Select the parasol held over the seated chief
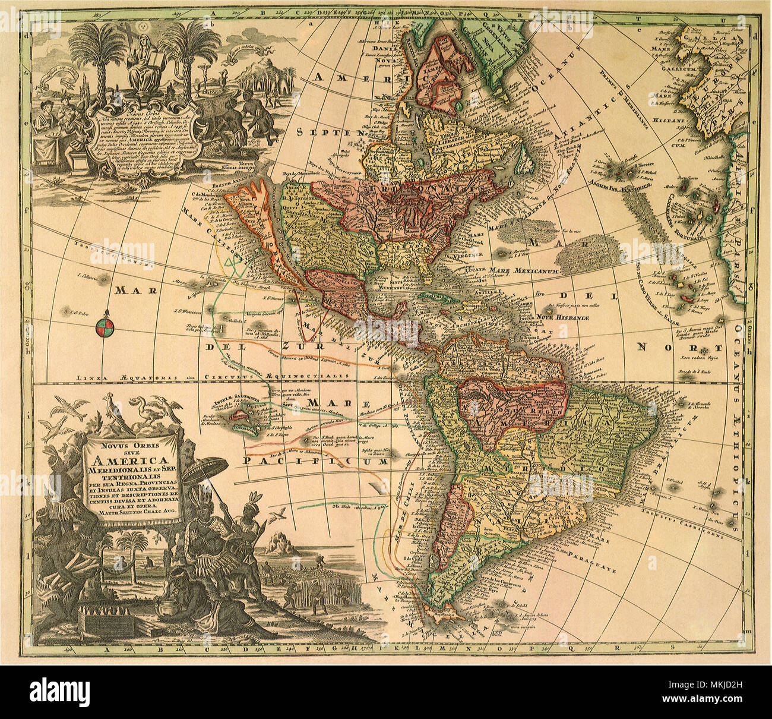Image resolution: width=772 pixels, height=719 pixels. [x=205, y=470]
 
